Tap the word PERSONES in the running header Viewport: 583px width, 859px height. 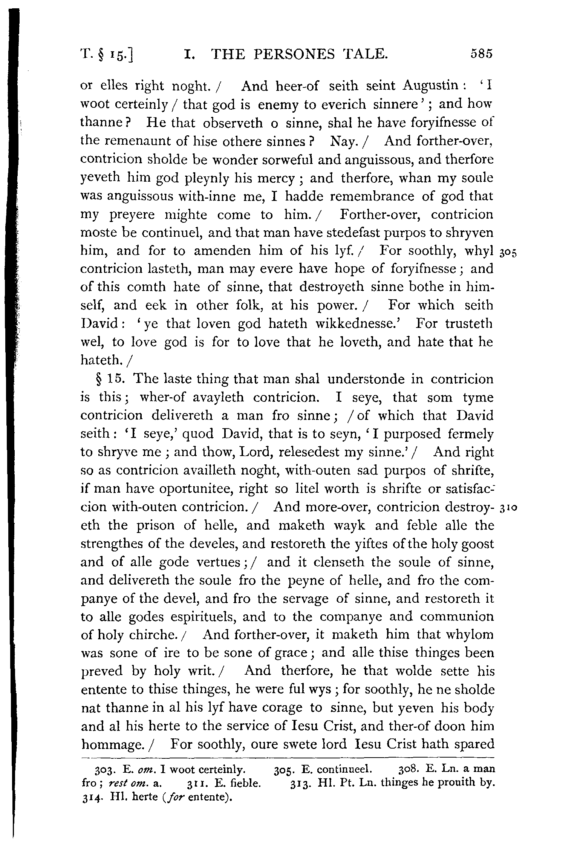click(x=295, y=54)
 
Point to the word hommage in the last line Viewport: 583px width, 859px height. click(x=112, y=744)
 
